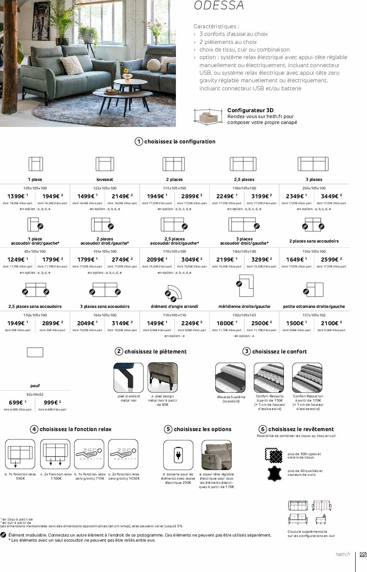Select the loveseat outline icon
(x=105, y=164)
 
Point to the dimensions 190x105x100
(x=244, y=188)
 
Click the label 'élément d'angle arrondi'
(x=174, y=306)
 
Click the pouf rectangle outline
(x=35, y=352)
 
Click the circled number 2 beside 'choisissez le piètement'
(x=119, y=351)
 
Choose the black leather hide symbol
(x=274, y=473)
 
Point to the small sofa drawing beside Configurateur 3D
(x=208, y=116)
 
